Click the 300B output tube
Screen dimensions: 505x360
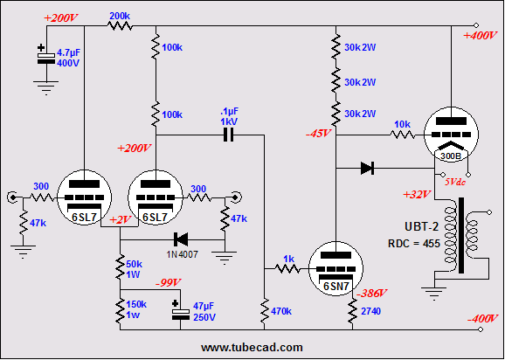[451, 135]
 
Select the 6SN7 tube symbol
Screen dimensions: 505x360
[336, 269]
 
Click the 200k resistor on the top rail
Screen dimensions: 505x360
[120, 25]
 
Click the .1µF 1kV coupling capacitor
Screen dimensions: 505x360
[228, 135]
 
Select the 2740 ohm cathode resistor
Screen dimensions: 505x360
[352, 311]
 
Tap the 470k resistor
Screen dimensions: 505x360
[265, 311]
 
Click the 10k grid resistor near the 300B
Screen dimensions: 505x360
[403, 135]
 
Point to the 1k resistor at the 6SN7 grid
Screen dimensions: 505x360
[287, 268]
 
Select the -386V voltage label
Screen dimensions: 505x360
[372, 293]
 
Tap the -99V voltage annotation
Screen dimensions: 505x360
[169, 283]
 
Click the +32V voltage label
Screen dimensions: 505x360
[417, 195]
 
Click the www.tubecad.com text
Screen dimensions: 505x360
[252, 348]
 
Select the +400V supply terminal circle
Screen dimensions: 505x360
[475, 25]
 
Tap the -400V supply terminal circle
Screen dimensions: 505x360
[481, 329]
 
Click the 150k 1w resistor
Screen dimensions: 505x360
[120, 311]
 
